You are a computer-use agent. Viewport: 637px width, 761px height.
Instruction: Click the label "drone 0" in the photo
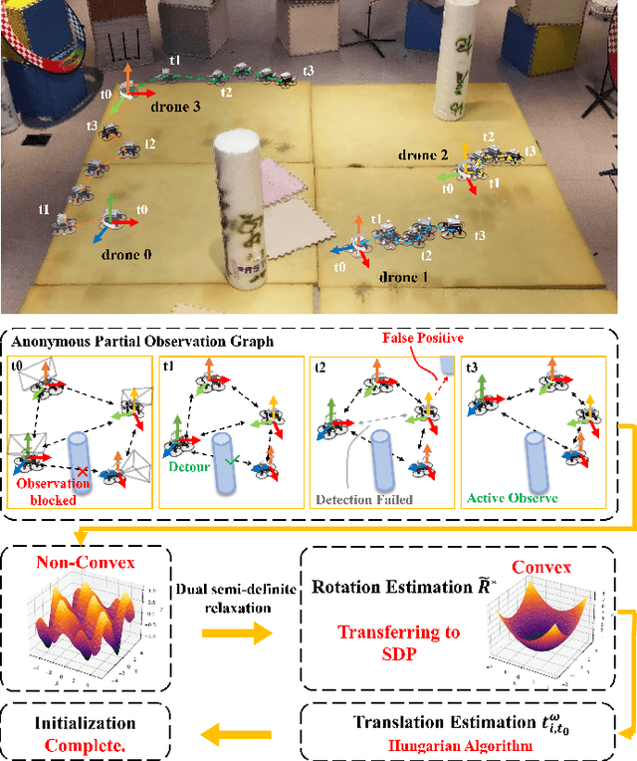(x=125, y=255)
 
